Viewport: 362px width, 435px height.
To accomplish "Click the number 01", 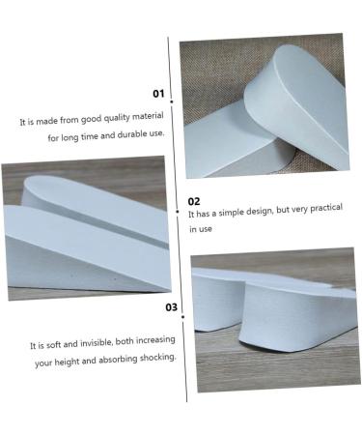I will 158,95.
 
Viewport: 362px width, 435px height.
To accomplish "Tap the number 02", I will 194,201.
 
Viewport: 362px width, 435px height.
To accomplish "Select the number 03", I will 171,307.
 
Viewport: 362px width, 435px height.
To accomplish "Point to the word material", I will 141,123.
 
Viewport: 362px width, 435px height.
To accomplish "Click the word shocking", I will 160,358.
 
